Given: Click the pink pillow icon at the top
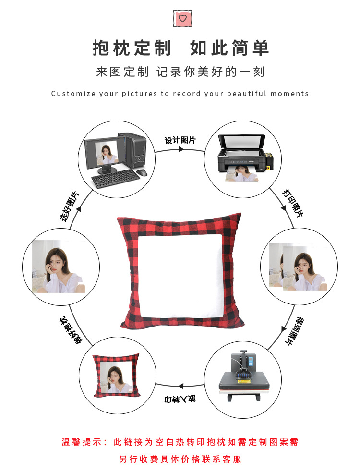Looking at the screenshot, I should [x=181, y=18].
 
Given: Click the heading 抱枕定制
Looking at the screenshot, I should [x=132, y=49].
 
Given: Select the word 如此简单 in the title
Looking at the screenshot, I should [x=229, y=49].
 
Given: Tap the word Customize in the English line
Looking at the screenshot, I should [x=73, y=94].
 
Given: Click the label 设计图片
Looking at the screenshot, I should [x=180, y=140].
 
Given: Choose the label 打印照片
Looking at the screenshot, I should [x=292, y=202].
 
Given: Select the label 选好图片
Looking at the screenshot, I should [x=70, y=206].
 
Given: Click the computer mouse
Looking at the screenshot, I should [x=141, y=172].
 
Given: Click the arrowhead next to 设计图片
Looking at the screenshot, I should [x=181, y=149].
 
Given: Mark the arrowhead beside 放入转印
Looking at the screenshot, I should [x=180, y=385].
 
